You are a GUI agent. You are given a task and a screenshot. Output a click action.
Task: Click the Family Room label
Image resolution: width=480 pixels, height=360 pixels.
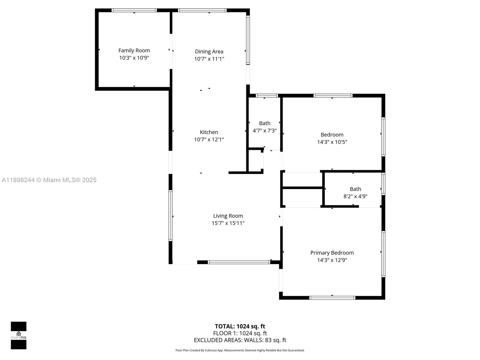(x=134, y=50)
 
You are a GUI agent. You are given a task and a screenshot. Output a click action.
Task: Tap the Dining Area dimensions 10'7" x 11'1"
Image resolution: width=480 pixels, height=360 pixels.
(x=209, y=59)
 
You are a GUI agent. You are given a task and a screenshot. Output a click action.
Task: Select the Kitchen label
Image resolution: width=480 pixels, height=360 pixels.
(x=209, y=132)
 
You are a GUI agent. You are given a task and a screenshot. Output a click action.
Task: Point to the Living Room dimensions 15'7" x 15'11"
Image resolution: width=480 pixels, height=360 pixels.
(x=228, y=223)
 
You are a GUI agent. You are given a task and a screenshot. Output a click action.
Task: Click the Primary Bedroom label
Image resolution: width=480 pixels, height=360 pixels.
(x=332, y=253)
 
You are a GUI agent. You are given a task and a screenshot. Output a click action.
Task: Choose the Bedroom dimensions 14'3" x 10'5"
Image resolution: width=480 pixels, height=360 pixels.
(x=332, y=142)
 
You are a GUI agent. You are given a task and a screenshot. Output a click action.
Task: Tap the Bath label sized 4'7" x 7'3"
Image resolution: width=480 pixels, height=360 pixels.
(x=265, y=123)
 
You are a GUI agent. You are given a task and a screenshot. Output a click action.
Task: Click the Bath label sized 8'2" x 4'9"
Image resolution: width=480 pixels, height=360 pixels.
(x=355, y=189)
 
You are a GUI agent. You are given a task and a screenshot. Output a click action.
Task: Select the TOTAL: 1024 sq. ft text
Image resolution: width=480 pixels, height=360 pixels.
(x=240, y=326)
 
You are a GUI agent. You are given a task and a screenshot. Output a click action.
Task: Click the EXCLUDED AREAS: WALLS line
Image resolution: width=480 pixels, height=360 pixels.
(x=240, y=340)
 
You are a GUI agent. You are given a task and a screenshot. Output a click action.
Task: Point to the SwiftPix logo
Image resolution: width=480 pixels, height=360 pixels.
(x=19, y=335)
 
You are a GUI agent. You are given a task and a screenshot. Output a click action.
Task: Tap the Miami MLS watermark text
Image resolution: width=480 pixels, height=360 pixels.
(x=49, y=180)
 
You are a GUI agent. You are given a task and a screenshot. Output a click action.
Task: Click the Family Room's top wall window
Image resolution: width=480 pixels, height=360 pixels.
(x=134, y=10)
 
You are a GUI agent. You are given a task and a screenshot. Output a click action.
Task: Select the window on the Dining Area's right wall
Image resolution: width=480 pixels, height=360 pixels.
(x=248, y=40)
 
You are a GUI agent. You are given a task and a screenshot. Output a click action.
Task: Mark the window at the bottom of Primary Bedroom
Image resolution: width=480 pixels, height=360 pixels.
(x=332, y=298)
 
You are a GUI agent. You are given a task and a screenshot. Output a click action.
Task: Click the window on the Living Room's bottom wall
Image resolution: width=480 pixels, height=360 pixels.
(x=239, y=262)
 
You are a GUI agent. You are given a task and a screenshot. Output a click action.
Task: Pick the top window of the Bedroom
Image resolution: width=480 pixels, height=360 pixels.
(x=333, y=96)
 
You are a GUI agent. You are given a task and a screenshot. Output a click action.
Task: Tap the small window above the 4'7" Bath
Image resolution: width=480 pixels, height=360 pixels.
(x=267, y=96)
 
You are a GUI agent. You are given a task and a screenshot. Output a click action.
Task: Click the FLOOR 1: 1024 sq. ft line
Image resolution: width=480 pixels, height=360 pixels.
(x=240, y=333)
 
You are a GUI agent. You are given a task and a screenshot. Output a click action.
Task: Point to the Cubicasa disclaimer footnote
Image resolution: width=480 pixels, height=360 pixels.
(x=240, y=350)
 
